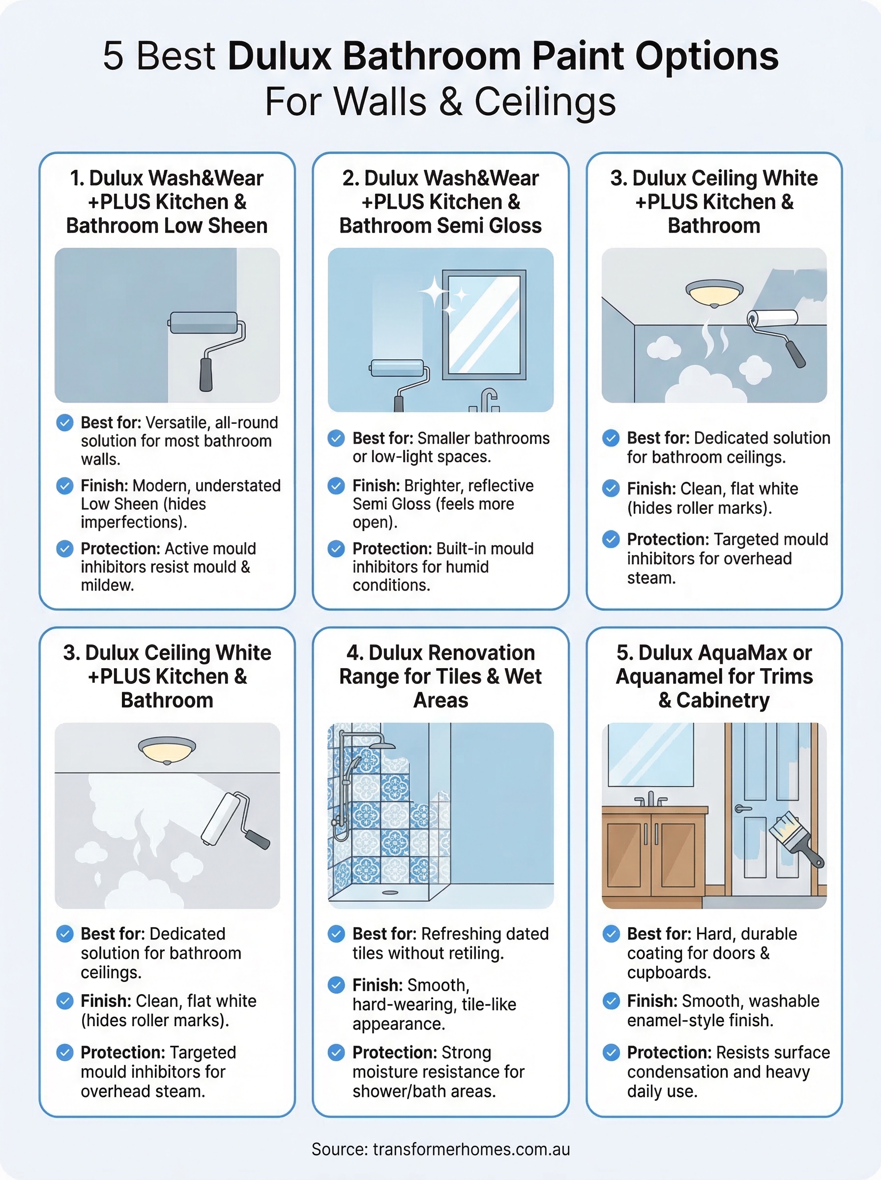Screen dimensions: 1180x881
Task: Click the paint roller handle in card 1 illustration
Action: click(x=206, y=374)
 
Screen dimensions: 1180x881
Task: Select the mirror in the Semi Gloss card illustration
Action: click(x=484, y=324)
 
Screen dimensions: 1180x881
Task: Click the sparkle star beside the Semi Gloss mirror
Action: click(x=435, y=291)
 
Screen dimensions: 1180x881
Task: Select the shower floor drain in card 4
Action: click(x=390, y=892)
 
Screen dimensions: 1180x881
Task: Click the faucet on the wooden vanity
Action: click(x=650, y=799)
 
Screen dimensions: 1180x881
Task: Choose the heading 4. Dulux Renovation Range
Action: click(x=440, y=676)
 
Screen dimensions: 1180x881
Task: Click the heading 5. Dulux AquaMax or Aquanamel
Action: click(x=714, y=676)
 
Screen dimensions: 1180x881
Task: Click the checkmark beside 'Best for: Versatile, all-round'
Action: click(x=64, y=423)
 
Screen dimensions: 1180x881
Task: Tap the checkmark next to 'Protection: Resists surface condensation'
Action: click(x=611, y=1053)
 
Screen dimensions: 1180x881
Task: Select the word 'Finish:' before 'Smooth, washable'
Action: click(x=652, y=1001)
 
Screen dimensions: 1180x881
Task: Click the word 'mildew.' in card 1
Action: click(x=107, y=586)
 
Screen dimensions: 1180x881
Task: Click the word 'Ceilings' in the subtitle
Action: click(x=545, y=102)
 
